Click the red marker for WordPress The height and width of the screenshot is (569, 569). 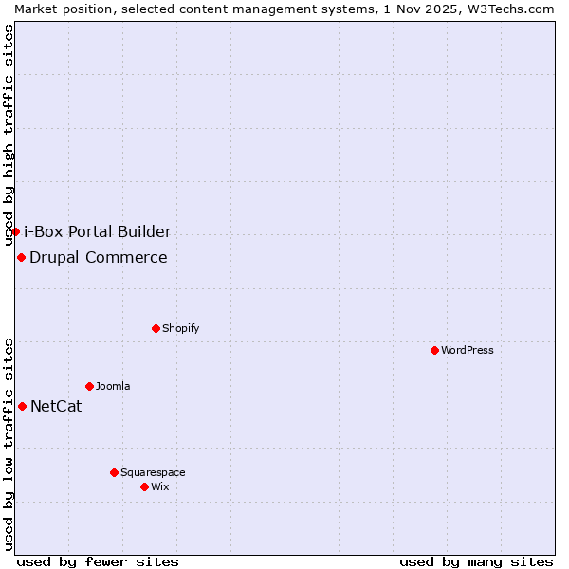coord(434,350)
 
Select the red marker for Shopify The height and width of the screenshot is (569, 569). coord(156,328)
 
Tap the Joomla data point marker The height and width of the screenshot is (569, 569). coord(89,386)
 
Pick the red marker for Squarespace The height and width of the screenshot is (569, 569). coord(114,472)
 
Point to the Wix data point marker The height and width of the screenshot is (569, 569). coord(144,486)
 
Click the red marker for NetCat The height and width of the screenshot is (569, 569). coord(22,406)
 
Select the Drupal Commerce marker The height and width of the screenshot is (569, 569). coord(21,257)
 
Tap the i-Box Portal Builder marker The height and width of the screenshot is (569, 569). coord(15,231)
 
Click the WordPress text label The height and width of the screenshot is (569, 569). coord(468,350)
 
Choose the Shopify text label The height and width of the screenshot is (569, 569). coord(181,328)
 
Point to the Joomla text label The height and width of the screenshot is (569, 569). coord(113,386)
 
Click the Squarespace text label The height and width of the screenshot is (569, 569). coord(153,472)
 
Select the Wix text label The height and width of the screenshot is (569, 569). coord(159,486)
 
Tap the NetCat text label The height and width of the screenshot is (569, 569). coord(56,407)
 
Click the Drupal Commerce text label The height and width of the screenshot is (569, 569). coord(99,257)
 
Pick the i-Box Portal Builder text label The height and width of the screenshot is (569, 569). coord(98,231)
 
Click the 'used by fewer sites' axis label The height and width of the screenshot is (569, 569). coord(98,561)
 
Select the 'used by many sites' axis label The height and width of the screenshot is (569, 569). coord(476,561)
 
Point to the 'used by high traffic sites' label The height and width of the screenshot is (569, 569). coord(9,135)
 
